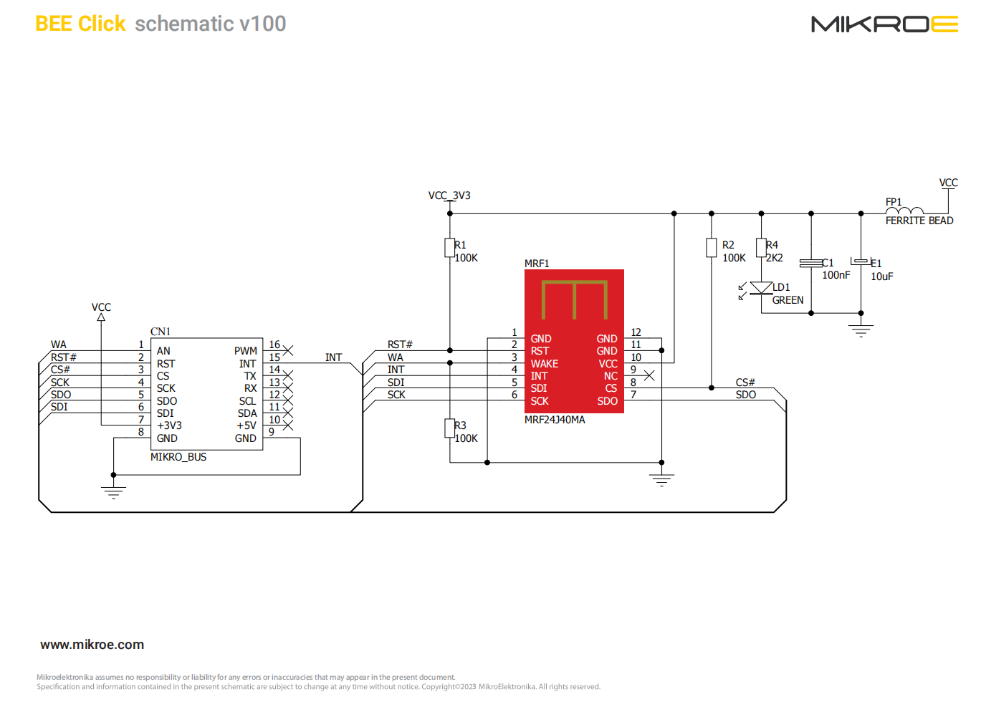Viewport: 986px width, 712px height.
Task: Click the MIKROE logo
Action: click(x=884, y=24)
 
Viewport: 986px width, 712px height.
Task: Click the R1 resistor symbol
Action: click(x=449, y=248)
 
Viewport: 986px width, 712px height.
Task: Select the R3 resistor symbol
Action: click(x=449, y=428)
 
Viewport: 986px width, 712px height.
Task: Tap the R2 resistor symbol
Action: click(x=711, y=248)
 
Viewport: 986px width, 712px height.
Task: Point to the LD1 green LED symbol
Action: click(x=761, y=289)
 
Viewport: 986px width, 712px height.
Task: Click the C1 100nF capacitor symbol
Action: click(x=811, y=264)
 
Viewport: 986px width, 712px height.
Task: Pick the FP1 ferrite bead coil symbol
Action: click(x=904, y=211)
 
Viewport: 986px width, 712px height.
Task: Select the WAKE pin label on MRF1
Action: click(x=545, y=364)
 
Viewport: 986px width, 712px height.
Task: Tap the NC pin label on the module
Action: click(x=611, y=376)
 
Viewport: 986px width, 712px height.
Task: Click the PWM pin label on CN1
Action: click(x=245, y=351)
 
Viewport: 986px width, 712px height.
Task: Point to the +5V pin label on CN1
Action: click(x=247, y=425)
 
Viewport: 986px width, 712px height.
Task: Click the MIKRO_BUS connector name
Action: click(x=178, y=457)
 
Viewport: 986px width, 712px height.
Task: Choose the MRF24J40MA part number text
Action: click(x=555, y=420)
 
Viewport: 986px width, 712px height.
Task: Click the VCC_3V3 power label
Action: click(x=449, y=196)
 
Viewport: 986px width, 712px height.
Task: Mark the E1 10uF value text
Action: click(x=881, y=276)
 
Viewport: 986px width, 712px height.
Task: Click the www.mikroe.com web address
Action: click(x=92, y=645)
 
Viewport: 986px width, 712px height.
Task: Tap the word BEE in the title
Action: click(x=54, y=24)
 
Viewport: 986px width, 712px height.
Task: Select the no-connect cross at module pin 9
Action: click(x=649, y=375)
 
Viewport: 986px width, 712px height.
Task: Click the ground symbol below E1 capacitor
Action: click(x=861, y=330)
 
